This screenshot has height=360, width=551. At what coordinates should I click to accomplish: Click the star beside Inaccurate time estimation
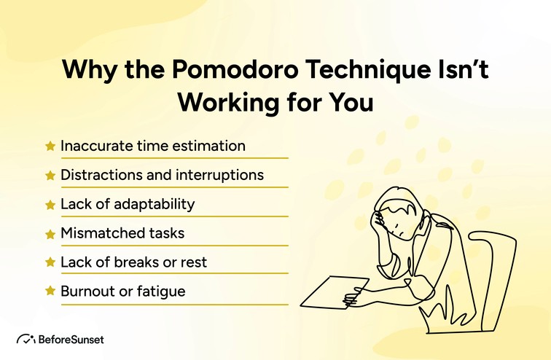click(50, 146)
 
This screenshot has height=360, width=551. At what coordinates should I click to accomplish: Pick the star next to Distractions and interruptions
click(50, 176)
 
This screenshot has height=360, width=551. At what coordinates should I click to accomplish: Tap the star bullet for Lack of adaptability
click(50, 205)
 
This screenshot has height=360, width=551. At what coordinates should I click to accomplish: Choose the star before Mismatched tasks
click(50, 234)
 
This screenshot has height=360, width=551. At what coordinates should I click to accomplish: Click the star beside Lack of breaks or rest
click(50, 262)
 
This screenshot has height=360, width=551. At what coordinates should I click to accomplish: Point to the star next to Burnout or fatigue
click(50, 291)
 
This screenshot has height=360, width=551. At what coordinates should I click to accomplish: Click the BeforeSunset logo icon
click(26, 340)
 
